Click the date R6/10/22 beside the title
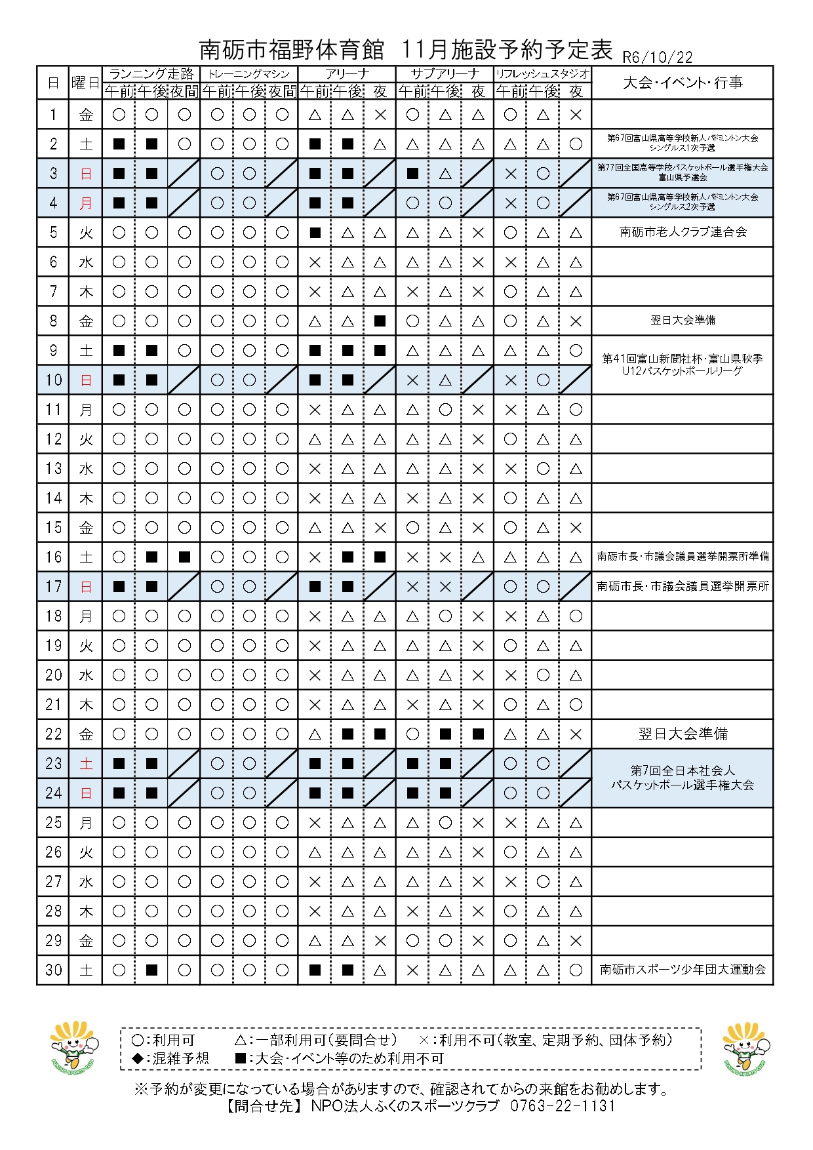657,57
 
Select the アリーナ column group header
347,73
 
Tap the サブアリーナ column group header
445,73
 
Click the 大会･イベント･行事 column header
682,83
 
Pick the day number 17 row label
54,586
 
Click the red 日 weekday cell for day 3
86,174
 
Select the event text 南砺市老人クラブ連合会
683,232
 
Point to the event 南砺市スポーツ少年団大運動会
683,969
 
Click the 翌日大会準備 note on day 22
683,734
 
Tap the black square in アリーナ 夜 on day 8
380,321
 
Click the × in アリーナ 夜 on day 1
380,115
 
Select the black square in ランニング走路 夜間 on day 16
184,557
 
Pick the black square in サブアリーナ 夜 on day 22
478,734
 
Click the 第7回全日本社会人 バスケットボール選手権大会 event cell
683,778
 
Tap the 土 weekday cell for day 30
86,970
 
